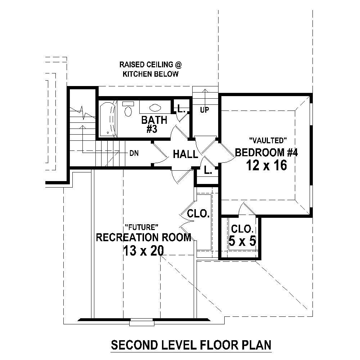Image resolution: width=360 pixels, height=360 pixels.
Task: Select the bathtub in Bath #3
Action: (107, 119)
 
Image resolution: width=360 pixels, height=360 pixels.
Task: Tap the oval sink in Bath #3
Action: (154, 107)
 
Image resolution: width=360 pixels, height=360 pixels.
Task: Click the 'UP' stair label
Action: (204, 110)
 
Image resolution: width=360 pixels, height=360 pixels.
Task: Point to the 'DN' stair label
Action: (134, 153)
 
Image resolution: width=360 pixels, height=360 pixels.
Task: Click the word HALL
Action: (185, 154)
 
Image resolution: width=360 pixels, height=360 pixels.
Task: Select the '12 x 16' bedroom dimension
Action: (266, 165)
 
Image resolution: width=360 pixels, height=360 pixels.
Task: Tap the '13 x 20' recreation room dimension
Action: (143, 250)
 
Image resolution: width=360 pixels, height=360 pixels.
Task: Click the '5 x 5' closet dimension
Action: (242, 241)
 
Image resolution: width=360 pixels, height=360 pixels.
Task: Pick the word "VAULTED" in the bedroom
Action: (267, 140)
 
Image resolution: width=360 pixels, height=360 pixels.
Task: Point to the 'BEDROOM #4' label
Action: (266, 152)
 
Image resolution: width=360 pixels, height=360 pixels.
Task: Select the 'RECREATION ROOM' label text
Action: (143, 238)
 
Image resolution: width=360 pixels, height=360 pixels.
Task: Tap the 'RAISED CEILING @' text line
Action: (150, 65)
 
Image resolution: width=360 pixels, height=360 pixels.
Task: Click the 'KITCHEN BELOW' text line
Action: (150, 74)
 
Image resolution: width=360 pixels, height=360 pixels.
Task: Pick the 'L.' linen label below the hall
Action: (208, 171)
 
